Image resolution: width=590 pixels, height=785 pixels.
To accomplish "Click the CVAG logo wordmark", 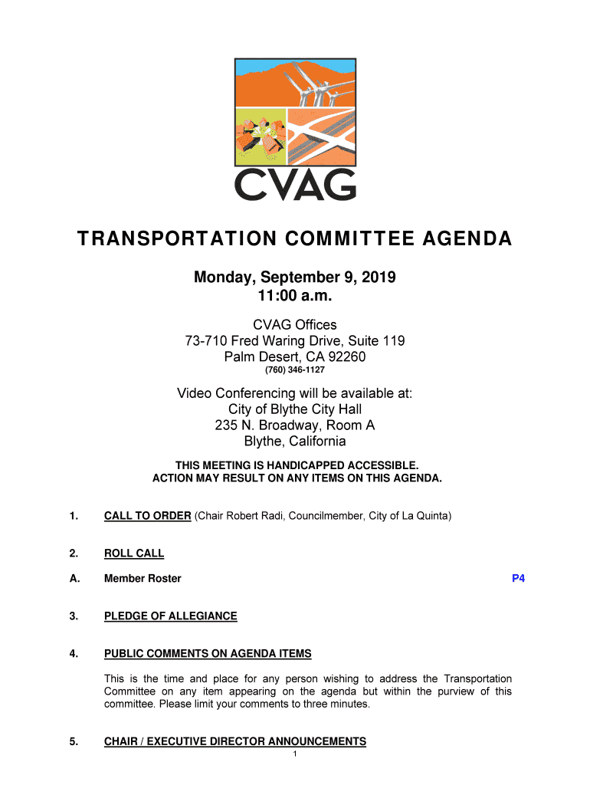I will pos(295,184).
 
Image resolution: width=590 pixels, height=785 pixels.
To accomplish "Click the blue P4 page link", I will pos(518,579).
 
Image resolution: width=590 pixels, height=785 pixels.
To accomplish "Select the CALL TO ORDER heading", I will pos(147,516).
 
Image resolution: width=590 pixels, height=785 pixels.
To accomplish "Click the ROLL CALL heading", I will pos(134,553).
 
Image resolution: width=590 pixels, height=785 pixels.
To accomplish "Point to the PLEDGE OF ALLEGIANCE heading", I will pos(170,616).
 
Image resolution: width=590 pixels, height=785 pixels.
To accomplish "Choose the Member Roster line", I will pos(143,579).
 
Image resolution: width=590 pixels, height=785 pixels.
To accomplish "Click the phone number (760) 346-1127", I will pos(295,370).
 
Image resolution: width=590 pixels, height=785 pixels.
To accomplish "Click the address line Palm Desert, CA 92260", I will pos(295,356).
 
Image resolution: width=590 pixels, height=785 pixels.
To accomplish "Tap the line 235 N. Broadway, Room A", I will pos(295,425).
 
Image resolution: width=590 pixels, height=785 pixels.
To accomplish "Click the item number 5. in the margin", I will pos(74,741).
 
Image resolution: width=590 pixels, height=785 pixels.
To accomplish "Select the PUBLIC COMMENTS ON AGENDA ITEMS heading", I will pos(208,654).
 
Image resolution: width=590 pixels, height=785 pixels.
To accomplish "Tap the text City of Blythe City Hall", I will pos(295,409).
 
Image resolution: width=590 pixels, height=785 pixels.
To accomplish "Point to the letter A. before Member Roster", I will pos(74,579).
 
